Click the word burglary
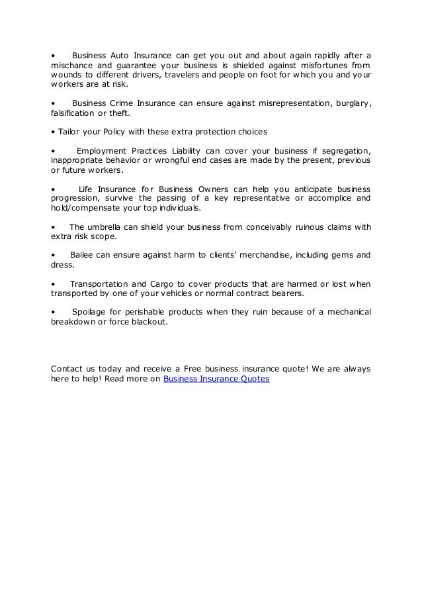pos(349,103)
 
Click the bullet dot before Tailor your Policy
pos(53,129)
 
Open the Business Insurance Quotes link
pos(216,379)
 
